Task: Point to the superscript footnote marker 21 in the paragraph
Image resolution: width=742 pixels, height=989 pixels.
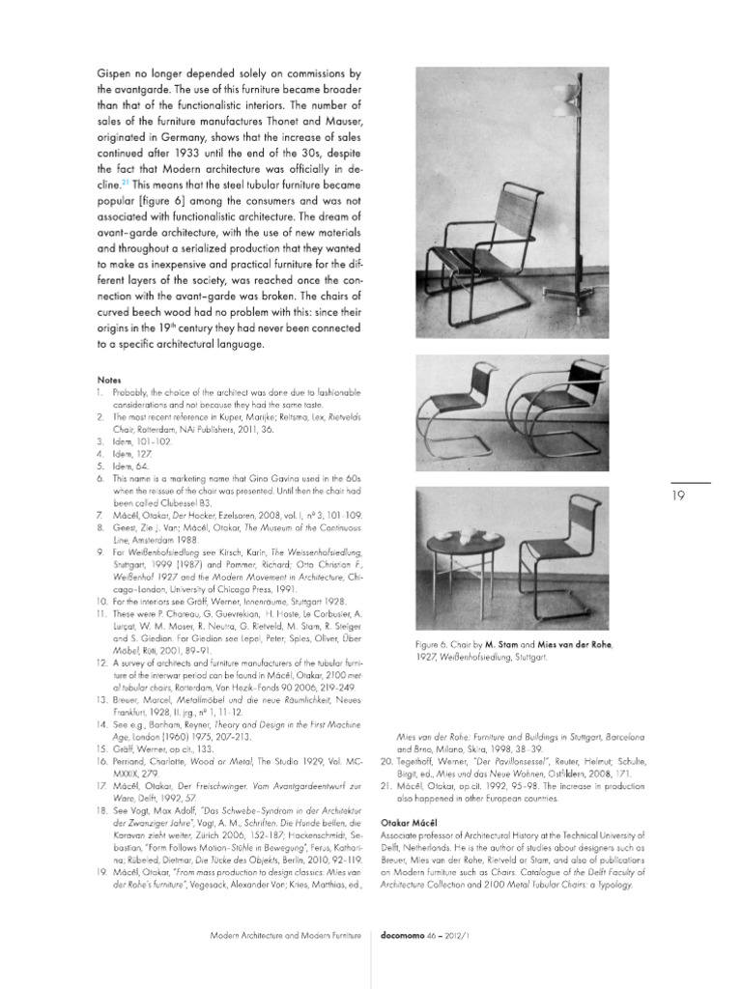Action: pos(126,180)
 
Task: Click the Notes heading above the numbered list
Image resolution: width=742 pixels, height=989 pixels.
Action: pos(110,380)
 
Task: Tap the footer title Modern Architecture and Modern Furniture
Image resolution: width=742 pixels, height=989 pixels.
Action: pos(285,936)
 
